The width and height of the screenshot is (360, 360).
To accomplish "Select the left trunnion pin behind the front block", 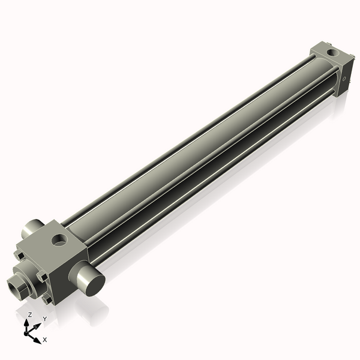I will (x=30, y=229).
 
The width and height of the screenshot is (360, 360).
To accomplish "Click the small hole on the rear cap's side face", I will (x=343, y=77).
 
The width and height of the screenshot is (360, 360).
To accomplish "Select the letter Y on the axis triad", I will (x=44, y=318).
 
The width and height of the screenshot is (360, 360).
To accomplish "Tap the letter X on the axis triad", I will (x=45, y=340).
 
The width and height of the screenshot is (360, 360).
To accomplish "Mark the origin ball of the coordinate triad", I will (x=28, y=331).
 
